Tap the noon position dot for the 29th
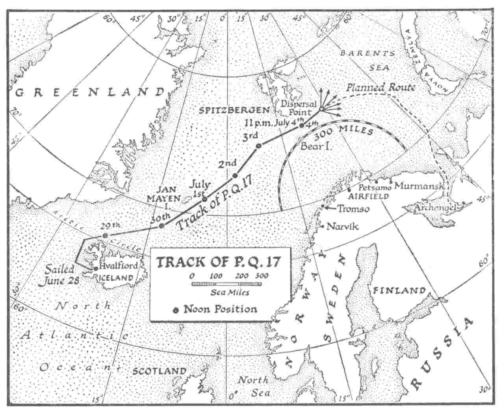105,236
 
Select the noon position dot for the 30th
161,226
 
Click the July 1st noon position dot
204,199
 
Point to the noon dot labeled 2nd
235,176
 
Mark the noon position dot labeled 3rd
259,146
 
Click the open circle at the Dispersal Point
321,109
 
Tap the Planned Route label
381,87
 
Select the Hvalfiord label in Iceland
118,266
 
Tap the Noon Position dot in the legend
176,310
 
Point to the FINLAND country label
399,291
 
